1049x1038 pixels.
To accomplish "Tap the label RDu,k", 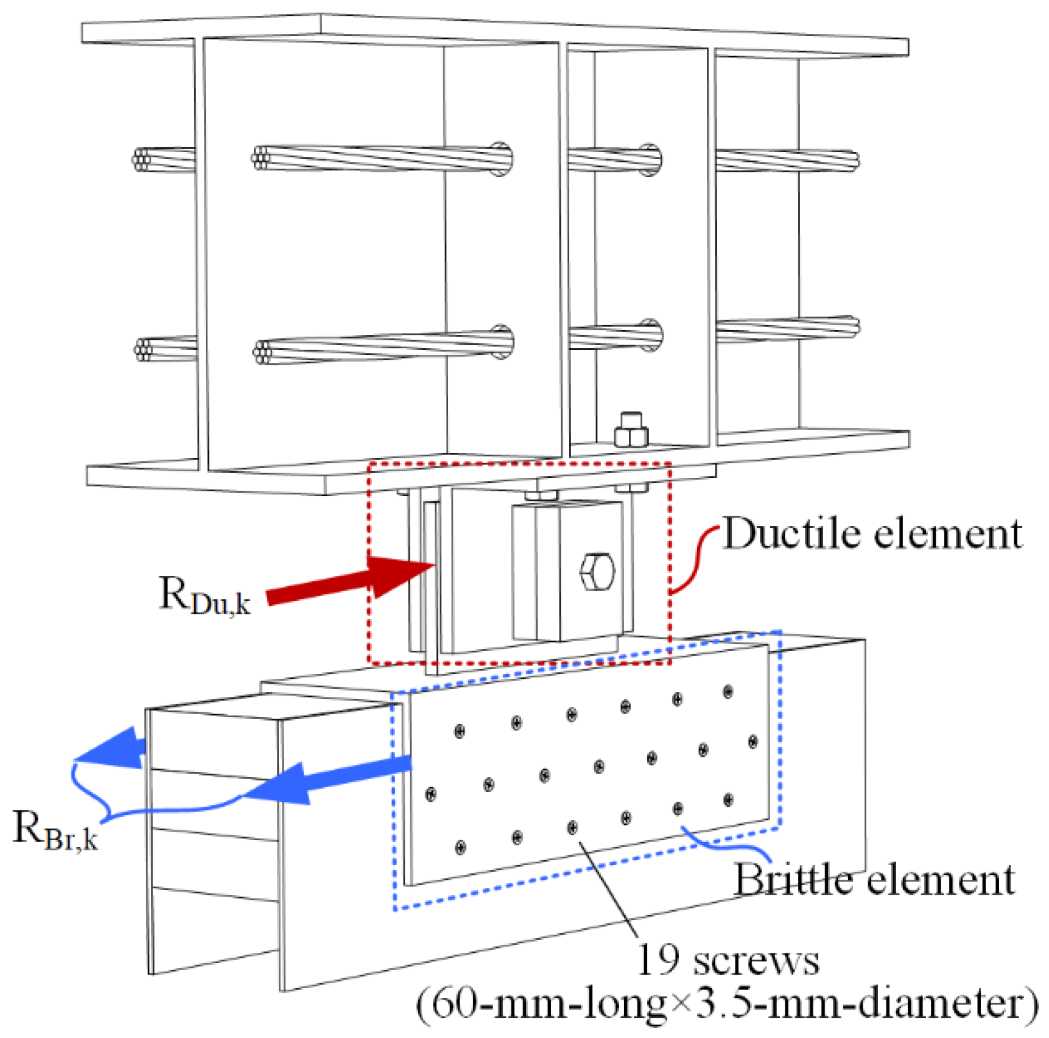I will (x=205, y=596).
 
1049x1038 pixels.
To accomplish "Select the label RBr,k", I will (x=55, y=830).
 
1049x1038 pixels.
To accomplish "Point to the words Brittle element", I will (x=874, y=880).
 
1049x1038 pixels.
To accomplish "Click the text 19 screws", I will (x=728, y=961).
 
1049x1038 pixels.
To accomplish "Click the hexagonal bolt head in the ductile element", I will (x=597, y=572).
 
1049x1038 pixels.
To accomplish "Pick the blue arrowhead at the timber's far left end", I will (x=110, y=748).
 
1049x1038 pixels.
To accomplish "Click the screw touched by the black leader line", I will (x=572, y=828).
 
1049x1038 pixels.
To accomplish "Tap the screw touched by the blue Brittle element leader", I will (x=678, y=809).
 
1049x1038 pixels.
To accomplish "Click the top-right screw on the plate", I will (x=728, y=692).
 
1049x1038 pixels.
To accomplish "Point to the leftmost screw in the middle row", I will (x=431, y=794).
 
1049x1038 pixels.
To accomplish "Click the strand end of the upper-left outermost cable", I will (x=141, y=160).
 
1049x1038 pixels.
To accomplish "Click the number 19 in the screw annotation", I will (x=658, y=961).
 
